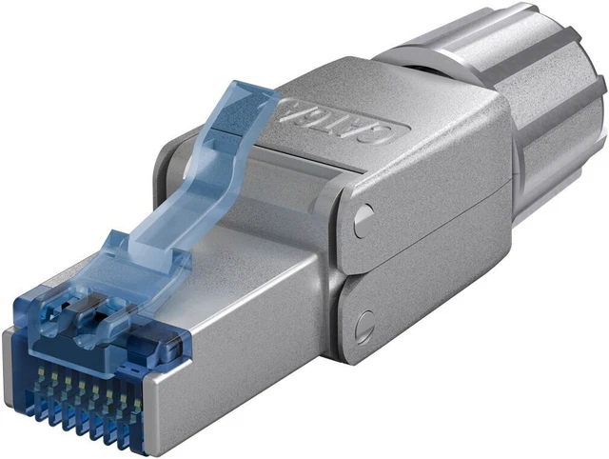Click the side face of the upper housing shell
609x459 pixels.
[x=428, y=210]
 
